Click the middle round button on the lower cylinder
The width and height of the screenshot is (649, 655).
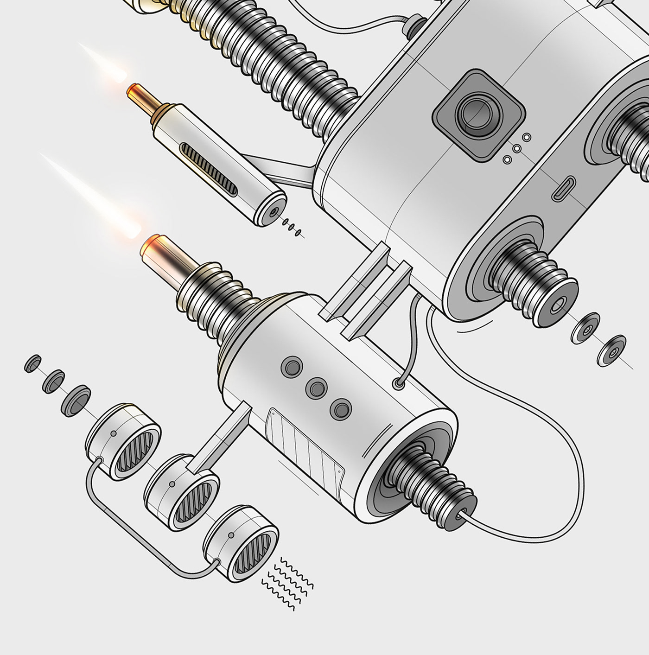pyautogui.click(x=317, y=387)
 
